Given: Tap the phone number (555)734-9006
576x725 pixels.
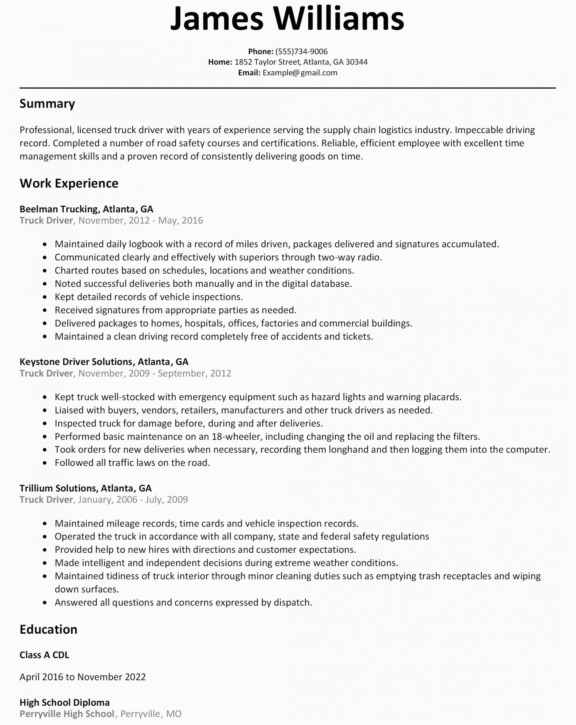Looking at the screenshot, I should coord(301,52).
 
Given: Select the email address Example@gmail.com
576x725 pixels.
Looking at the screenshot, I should coord(300,72).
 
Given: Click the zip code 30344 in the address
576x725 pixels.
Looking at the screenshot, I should coord(356,62).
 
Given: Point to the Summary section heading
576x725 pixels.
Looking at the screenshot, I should coord(47,104).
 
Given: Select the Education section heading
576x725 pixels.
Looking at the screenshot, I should coord(48,629).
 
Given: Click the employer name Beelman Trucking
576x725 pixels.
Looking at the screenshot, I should coord(59,209).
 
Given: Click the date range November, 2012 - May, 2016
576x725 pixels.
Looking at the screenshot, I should coord(140,221).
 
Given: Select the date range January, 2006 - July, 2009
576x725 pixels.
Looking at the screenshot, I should coord(133,500).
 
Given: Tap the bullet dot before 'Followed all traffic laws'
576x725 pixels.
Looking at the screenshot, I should coord(45,463).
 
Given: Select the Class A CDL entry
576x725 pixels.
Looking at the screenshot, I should coord(44,655).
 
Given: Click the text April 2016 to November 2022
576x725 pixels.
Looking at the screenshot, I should coord(83,677).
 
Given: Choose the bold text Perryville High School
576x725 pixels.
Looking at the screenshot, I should coord(67,714).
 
